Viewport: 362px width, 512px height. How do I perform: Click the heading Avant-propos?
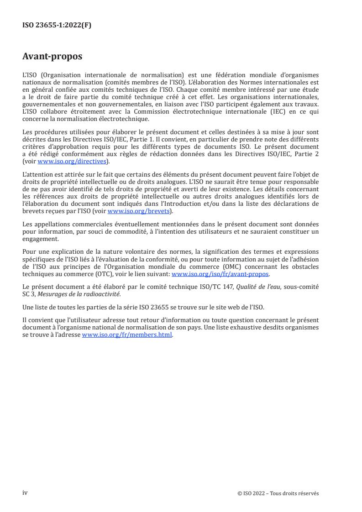(x=52, y=57)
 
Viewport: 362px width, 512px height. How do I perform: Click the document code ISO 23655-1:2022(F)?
(x=57, y=26)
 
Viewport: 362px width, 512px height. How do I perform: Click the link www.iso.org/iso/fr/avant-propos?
(x=220, y=274)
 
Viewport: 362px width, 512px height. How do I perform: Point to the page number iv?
(x=25, y=493)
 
